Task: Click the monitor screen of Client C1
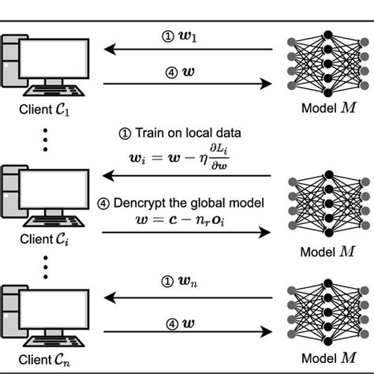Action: pos(54,58)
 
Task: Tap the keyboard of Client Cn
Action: pos(54,341)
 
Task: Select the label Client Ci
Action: pos(44,239)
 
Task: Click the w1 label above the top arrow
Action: pos(188,36)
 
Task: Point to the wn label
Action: pos(188,282)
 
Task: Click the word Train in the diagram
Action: pos(150,133)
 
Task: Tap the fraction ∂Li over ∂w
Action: pos(219,157)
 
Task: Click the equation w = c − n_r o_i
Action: pos(181,220)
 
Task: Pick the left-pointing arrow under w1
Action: pos(188,49)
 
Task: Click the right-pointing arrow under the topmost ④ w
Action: pos(188,84)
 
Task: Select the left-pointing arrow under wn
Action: pos(188,297)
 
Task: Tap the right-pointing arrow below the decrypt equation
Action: pos(186,233)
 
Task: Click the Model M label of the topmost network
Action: pos(329,108)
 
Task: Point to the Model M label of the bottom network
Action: pos(329,358)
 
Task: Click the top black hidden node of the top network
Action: pos(328,35)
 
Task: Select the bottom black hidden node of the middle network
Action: pos(329,233)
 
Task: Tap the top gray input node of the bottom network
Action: pos(291,290)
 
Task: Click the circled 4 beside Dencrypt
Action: pos(103,204)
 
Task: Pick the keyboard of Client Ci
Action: pos(54,222)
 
